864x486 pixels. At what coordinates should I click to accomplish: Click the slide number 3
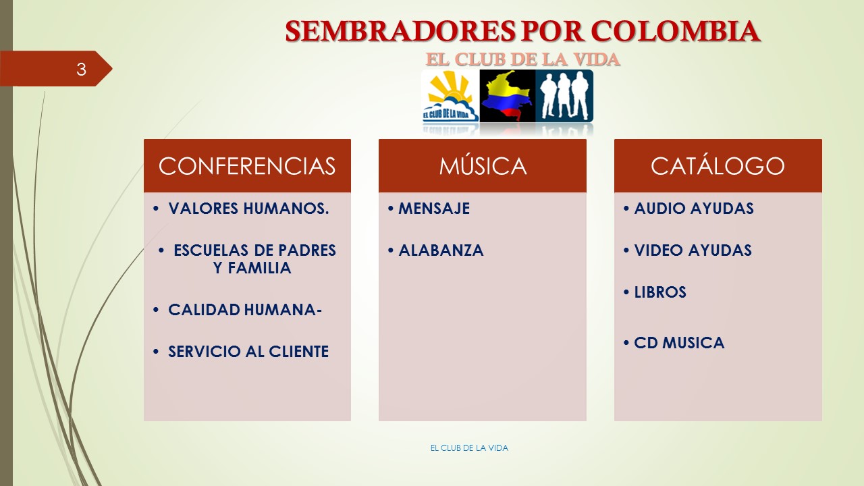81,70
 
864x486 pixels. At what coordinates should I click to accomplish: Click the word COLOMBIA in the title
676,31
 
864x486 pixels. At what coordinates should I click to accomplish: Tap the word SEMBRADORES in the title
400,31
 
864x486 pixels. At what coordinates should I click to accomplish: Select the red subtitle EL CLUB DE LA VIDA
522,59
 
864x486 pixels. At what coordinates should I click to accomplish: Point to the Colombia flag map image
507,96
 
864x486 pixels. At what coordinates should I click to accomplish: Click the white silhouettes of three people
564,96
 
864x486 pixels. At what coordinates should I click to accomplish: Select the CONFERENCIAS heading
247,166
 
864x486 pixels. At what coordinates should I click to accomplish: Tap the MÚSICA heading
483,165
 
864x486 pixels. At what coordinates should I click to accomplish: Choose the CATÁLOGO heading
718,165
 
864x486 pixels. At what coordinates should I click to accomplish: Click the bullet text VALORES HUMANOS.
249,209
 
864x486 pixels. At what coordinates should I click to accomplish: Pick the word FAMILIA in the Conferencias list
259,268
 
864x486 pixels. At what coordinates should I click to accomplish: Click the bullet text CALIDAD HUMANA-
245,310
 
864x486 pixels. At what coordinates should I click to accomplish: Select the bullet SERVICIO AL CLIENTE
248,352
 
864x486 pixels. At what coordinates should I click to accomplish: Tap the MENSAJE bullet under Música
434,209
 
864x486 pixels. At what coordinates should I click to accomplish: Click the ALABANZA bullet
441,250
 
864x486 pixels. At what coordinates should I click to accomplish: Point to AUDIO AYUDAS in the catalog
694,209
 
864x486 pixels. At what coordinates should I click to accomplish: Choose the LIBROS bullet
660,292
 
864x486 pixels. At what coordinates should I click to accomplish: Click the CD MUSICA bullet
679,343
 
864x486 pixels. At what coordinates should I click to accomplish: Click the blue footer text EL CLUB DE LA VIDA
469,448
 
